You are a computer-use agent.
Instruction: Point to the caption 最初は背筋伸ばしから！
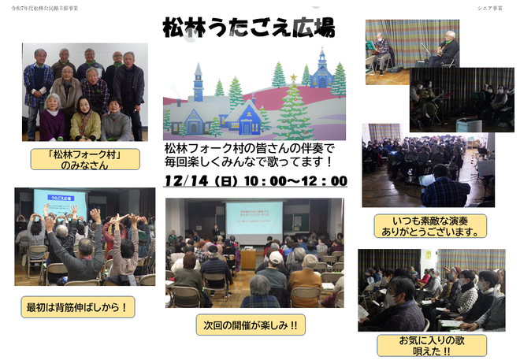77,306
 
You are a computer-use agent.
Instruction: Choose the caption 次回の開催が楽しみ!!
250,324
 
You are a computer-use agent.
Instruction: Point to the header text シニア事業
489,8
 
